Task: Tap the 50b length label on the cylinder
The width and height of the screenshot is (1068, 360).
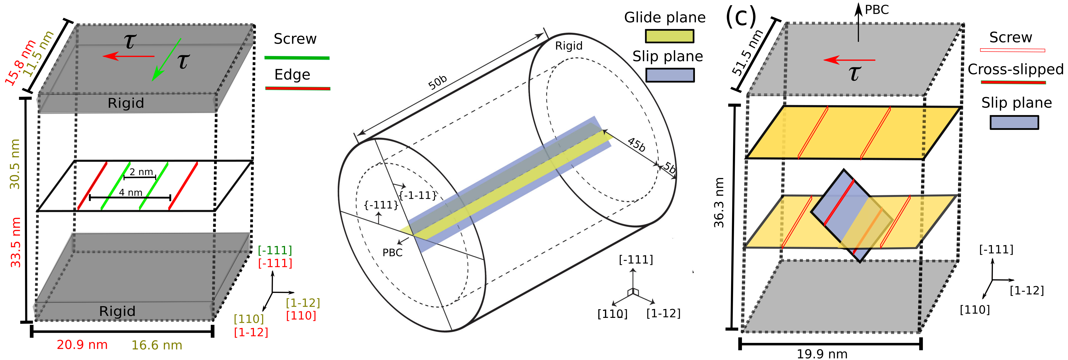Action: (x=438, y=83)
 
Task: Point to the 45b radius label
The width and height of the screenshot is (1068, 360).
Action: (x=636, y=144)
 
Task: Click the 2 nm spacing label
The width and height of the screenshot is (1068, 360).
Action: (x=141, y=172)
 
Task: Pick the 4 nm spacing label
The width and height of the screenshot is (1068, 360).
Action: (x=131, y=193)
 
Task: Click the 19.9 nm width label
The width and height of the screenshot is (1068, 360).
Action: (x=822, y=354)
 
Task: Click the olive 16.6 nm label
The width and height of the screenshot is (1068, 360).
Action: (x=157, y=345)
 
